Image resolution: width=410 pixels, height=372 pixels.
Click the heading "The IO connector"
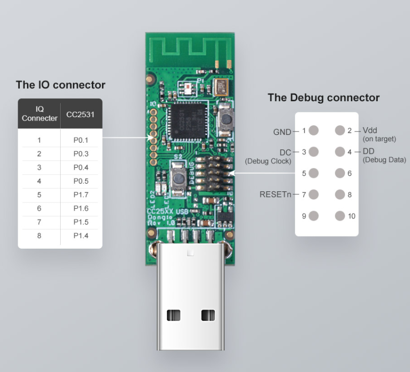pyautogui.click(x=61, y=85)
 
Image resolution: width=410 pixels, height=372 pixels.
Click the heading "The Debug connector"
pyautogui.click(x=323, y=98)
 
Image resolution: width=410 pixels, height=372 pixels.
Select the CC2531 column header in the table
pyautogui.click(x=80, y=114)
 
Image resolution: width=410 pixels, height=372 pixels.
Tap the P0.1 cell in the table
pyautogui.click(x=80, y=140)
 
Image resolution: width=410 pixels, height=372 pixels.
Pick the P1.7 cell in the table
pyautogui.click(x=80, y=195)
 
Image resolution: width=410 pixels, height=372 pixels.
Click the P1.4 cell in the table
pyautogui.click(x=80, y=236)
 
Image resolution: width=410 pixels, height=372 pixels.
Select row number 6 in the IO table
pyautogui.click(x=39, y=208)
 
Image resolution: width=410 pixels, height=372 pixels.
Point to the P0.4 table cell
pyautogui.click(x=80, y=167)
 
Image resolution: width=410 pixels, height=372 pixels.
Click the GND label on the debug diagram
pyautogui.click(x=282, y=131)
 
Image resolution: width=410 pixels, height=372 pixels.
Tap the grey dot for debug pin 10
pyautogui.click(x=340, y=216)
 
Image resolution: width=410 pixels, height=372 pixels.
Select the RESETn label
pyautogui.click(x=276, y=195)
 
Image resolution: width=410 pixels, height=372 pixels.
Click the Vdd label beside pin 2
pyautogui.click(x=370, y=131)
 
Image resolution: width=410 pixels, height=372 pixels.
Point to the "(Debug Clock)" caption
pyautogui.click(x=268, y=161)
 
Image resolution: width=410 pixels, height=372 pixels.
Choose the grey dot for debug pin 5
pyautogui.click(x=314, y=173)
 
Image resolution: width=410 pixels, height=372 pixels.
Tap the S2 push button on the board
pyautogui.click(x=178, y=176)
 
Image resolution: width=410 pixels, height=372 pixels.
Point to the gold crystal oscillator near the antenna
pyautogui.click(x=222, y=87)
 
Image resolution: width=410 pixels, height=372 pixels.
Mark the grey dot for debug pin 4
pyautogui.click(x=340, y=152)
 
